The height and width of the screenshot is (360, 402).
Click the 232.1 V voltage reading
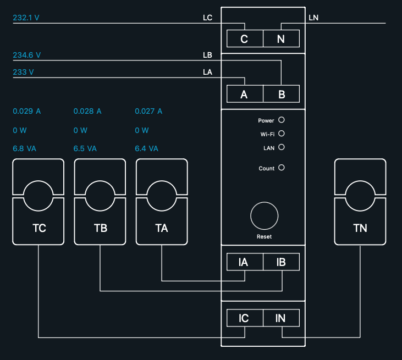tap(26, 18)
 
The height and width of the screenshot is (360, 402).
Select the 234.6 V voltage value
tap(26, 55)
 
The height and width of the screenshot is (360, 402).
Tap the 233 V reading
tap(23, 72)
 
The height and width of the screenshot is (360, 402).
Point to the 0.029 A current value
tap(26, 111)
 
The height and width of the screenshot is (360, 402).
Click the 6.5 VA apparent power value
tap(85, 148)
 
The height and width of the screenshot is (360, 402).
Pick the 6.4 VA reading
tap(146, 148)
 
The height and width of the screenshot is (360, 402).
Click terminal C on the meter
tap(244, 39)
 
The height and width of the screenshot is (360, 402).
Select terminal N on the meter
tap(281, 39)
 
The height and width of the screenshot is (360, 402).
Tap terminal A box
tap(244, 95)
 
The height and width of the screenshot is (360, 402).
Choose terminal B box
tap(281, 95)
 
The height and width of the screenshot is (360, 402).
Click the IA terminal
tap(244, 262)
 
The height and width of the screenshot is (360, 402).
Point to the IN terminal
tap(281, 318)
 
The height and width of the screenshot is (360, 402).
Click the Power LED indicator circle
tap(282, 120)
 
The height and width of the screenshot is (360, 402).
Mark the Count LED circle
tap(282, 168)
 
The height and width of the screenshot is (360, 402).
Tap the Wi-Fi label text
tap(267, 134)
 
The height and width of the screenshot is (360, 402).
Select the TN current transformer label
tap(360, 228)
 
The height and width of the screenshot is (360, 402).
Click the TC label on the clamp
tap(39, 228)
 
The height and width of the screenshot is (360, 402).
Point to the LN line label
tap(313, 18)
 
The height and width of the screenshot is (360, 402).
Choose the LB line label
tap(207, 55)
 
